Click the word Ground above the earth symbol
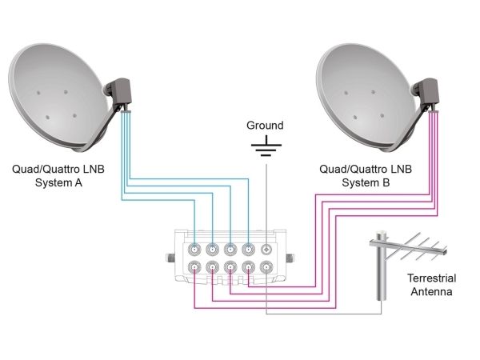coord(265,126)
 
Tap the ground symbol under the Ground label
coord(266,146)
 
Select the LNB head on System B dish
coord(427,93)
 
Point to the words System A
coord(58,182)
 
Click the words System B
coord(366,182)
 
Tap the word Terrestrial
coord(432,278)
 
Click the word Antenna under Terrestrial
coord(432,291)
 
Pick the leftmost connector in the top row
coord(194,250)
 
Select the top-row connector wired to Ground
coord(266,250)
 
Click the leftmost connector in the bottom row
coord(194,267)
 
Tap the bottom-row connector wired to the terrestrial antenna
coord(266,267)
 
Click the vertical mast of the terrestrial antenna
coord(381,266)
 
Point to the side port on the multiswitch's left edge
coord(170,258)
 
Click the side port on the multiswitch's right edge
coord(290,258)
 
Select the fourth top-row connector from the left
coord(248,250)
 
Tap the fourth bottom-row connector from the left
coord(248,267)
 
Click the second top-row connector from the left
coord(213,250)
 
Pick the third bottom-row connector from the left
coord(230,267)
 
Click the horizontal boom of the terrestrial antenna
coord(408,247)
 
